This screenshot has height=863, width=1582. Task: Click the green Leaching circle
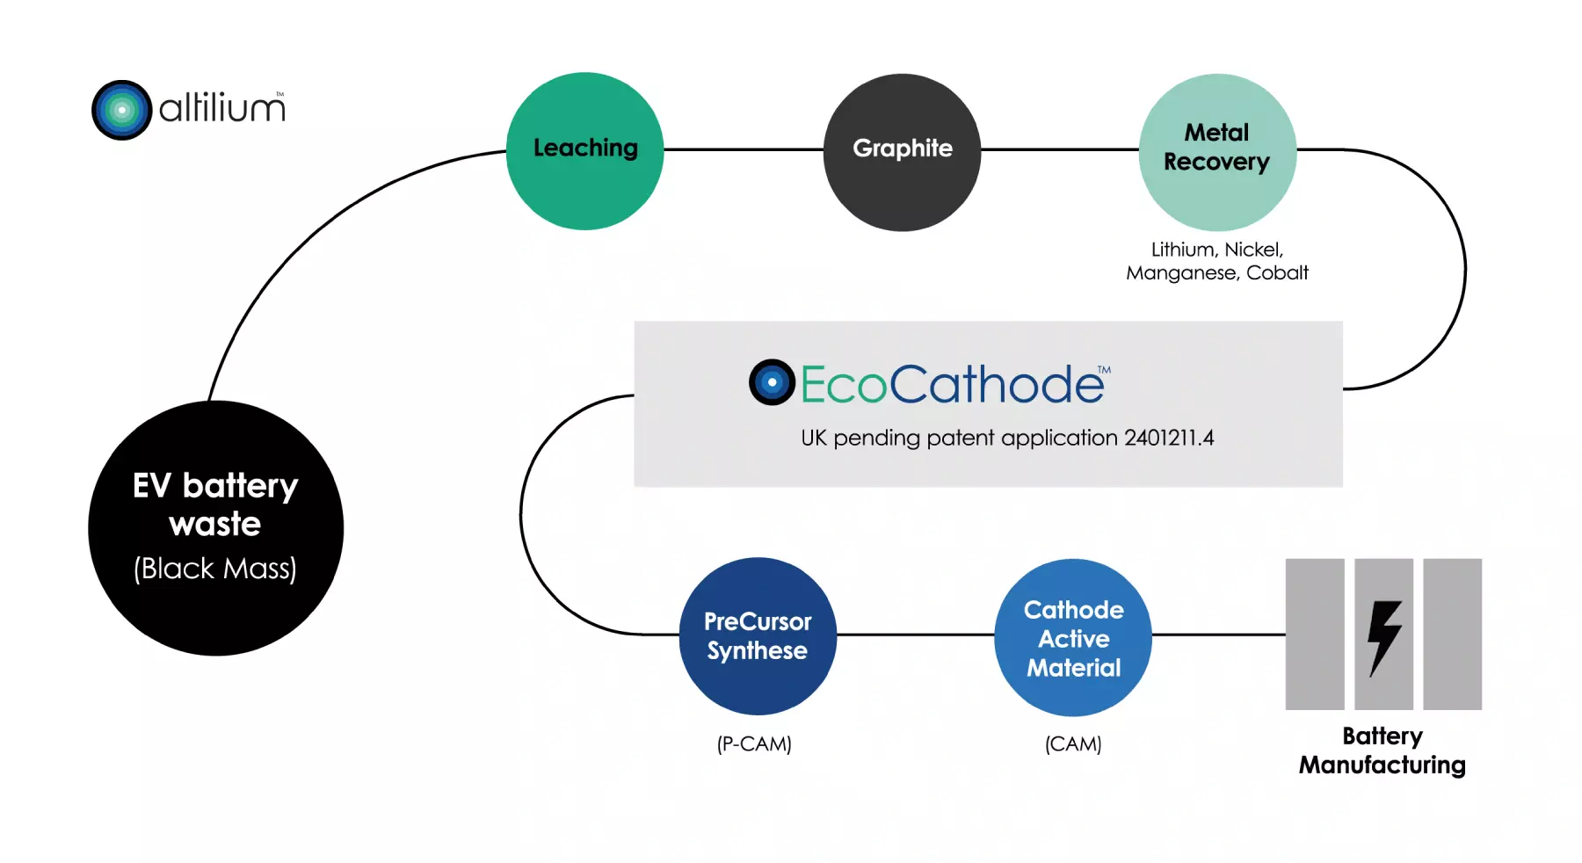click(584, 151)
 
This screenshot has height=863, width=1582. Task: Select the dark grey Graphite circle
click(902, 152)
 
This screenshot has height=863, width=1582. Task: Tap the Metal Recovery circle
click(1217, 152)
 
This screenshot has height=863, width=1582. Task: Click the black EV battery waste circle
click(215, 527)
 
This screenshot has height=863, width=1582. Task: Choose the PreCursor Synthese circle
click(757, 635)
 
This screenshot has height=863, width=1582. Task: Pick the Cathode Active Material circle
click(1072, 637)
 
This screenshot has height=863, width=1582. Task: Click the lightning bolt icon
click(1384, 637)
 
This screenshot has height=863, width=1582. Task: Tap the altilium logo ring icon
click(122, 110)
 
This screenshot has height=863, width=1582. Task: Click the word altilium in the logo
click(221, 109)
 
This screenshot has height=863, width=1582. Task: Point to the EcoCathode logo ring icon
click(772, 382)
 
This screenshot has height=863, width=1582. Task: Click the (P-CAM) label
click(754, 744)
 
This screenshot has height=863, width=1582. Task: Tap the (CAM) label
click(1073, 744)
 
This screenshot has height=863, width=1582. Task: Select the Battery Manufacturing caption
click(1382, 751)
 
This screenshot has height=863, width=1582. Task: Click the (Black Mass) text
click(215, 569)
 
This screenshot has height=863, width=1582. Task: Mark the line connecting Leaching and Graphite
click(744, 149)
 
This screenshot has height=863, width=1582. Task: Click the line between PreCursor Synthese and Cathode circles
click(915, 635)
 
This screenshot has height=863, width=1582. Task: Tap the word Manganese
click(1182, 273)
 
